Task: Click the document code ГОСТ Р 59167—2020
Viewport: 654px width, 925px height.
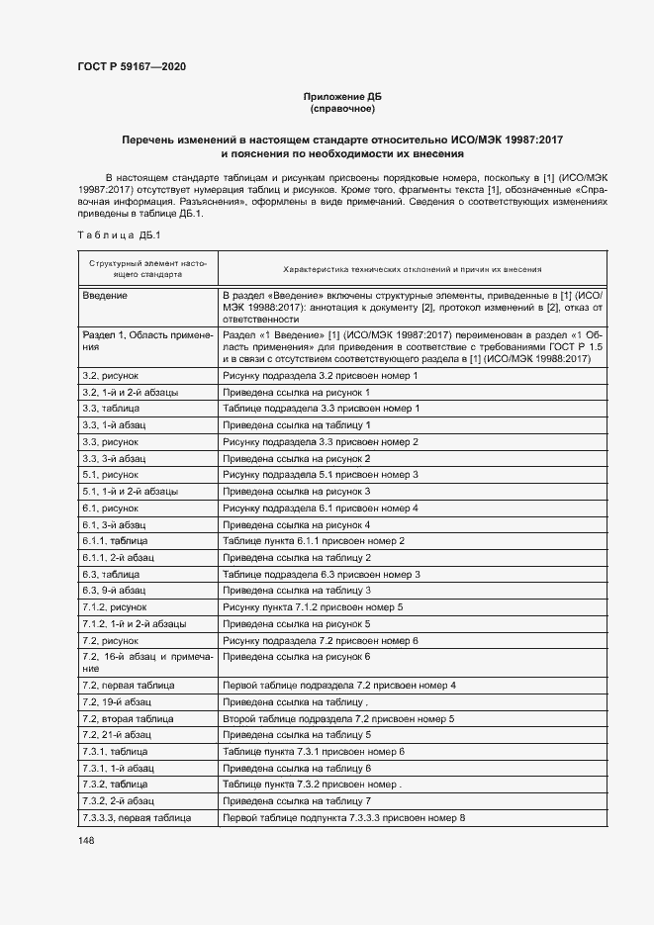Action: [x=132, y=66]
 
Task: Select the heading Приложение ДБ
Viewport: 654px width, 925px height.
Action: [x=341, y=96]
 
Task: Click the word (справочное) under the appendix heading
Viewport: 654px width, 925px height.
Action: [x=341, y=109]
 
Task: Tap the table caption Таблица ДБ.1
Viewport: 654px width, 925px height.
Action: [x=112, y=235]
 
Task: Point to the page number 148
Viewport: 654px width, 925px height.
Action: [x=86, y=841]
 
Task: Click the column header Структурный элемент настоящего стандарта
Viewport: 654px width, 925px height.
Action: [x=146, y=269]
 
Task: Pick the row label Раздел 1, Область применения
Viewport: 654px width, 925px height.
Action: [x=145, y=341]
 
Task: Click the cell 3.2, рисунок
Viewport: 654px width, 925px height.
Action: [x=110, y=376]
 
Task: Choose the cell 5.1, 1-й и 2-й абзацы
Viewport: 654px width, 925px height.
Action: [x=130, y=492]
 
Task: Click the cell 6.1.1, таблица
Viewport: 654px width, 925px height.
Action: [x=115, y=541]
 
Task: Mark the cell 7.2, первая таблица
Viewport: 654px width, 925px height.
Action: [x=129, y=685]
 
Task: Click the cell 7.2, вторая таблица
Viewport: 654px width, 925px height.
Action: [x=128, y=718]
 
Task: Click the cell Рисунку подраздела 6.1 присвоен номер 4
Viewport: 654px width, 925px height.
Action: [x=321, y=509]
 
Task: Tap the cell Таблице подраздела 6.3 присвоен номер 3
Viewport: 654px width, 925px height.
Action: [x=323, y=575]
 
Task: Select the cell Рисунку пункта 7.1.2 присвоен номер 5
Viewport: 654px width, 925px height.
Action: [x=313, y=607]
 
